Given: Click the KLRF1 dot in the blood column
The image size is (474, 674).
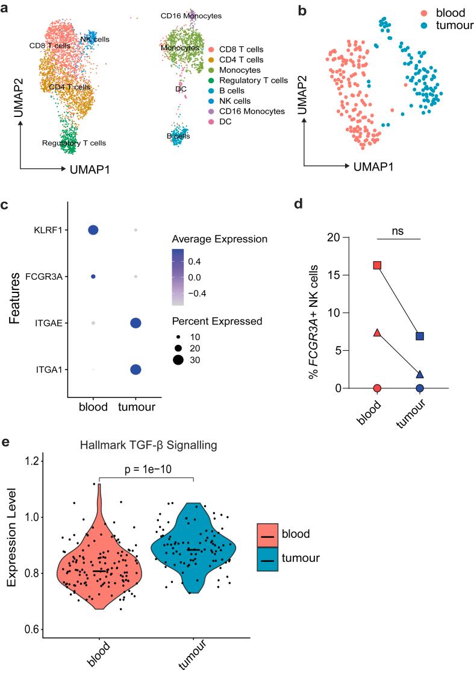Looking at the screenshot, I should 93,230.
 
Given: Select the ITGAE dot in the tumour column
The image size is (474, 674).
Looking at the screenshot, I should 136,323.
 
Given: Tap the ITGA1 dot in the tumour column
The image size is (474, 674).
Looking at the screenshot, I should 136,369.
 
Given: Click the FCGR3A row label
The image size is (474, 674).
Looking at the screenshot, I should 46,277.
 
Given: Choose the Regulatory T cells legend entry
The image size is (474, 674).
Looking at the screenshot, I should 252,80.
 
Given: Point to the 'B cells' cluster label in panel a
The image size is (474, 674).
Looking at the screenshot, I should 178,136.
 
